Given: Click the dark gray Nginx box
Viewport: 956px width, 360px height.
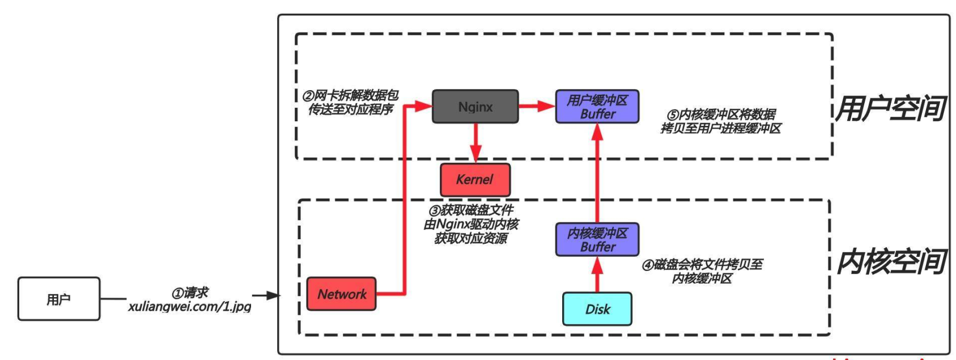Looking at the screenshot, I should pyautogui.click(x=475, y=107).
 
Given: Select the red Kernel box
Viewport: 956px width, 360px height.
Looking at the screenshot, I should pyautogui.click(x=475, y=180).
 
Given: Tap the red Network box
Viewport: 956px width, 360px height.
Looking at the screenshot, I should pyautogui.click(x=341, y=294).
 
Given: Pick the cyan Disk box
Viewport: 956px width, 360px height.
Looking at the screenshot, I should pyautogui.click(x=597, y=309).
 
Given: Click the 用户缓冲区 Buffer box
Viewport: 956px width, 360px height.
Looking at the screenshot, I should pyautogui.click(x=597, y=107).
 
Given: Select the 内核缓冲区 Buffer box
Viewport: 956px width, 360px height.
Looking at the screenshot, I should pyautogui.click(x=597, y=240).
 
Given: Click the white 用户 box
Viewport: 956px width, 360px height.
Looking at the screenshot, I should pyautogui.click(x=58, y=299).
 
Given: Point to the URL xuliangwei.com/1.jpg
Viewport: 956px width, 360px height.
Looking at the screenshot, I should pyautogui.click(x=189, y=307).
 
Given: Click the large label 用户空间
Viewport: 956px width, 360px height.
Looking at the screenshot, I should pyautogui.click(x=890, y=109).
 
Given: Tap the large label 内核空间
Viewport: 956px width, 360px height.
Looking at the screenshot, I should pyautogui.click(x=890, y=262).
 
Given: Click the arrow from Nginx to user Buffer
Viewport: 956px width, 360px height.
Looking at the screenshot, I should pyautogui.click(x=536, y=106).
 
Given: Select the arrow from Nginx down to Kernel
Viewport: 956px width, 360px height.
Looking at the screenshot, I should pyautogui.click(x=475, y=143).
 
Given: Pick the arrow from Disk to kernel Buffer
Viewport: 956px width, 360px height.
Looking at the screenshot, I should pyautogui.click(x=597, y=274).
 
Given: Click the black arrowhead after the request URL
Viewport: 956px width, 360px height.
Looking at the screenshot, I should pyautogui.click(x=272, y=295).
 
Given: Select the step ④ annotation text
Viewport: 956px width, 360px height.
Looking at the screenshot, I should pyautogui.click(x=702, y=271).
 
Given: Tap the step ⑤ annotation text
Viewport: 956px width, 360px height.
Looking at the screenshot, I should pyautogui.click(x=720, y=121).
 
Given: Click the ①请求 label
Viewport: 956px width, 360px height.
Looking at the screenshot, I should pyautogui.click(x=190, y=293).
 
